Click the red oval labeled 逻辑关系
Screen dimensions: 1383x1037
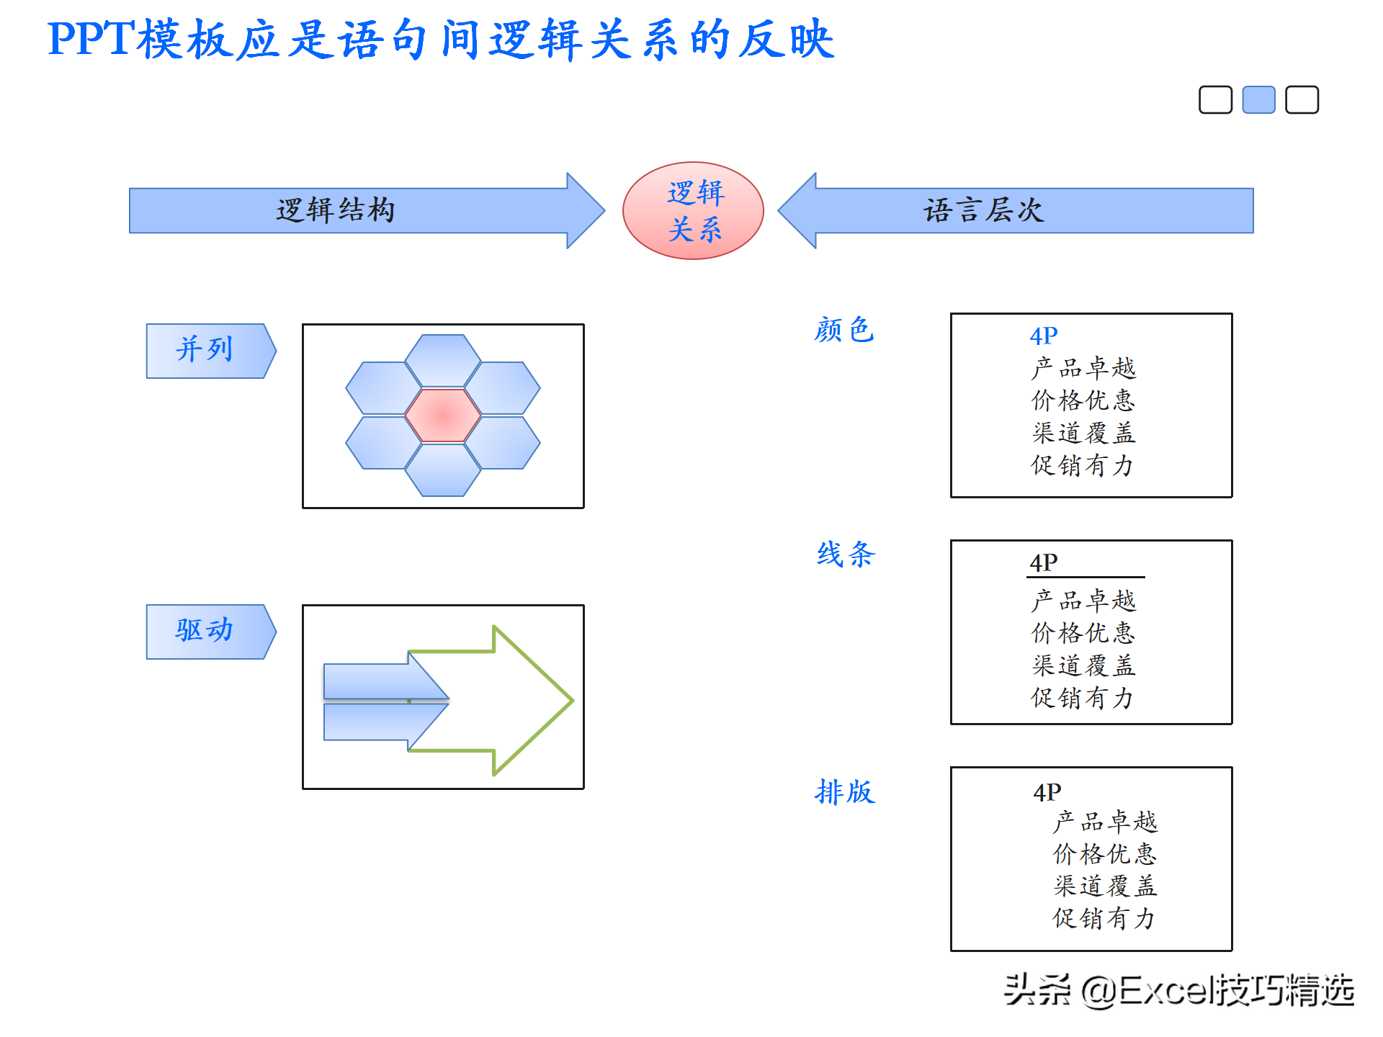[693, 210]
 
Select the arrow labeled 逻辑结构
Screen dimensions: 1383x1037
[367, 210]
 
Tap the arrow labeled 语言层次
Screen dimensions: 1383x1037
[1016, 210]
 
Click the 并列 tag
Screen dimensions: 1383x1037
[211, 351]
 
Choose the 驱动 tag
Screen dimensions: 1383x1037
[211, 632]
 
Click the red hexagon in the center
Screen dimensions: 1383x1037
[443, 416]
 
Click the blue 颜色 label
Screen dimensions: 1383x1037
[844, 330]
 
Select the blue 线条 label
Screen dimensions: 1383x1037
[846, 555]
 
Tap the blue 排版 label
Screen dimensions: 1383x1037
[845, 792]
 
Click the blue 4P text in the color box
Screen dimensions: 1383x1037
[1044, 336]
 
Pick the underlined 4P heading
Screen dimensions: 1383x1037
[1044, 562]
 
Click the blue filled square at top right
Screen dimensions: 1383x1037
[1258, 99]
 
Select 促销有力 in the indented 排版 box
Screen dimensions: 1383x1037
[1104, 918]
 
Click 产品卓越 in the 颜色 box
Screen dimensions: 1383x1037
[1083, 368]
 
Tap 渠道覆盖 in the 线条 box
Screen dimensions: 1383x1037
[1083, 665]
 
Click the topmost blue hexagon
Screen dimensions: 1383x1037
[443, 360]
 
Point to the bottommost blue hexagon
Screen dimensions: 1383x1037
[443, 470]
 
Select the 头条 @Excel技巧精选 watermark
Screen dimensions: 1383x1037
[1178, 990]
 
